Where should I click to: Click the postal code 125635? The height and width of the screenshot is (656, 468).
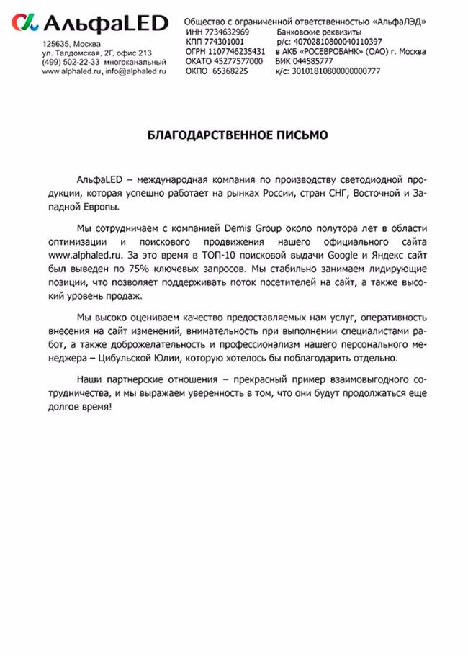point(55,44)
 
